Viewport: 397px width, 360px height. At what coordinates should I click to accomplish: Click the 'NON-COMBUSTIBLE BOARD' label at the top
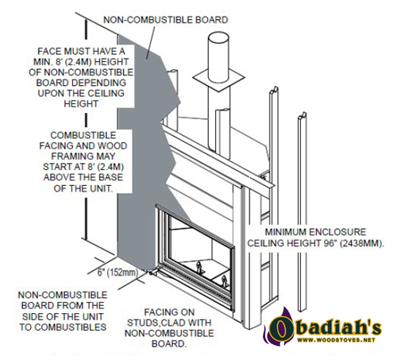pyautogui.click(x=166, y=20)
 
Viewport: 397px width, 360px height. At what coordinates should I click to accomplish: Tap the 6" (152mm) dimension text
pyautogui.click(x=118, y=272)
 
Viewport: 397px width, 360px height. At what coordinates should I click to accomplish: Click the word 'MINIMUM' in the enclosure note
pyautogui.click(x=286, y=232)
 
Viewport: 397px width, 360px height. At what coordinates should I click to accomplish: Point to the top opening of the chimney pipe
pyautogui.click(x=218, y=38)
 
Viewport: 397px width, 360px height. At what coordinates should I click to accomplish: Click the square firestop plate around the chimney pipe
pyautogui.click(x=218, y=78)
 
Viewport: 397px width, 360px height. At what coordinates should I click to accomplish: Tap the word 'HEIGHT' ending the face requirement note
pyautogui.click(x=81, y=103)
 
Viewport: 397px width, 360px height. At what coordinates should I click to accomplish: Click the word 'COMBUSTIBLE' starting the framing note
pyautogui.click(x=83, y=135)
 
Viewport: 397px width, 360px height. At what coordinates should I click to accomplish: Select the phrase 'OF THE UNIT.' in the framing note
pyautogui.click(x=83, y=188)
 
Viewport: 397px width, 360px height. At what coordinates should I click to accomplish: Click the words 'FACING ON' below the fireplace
pyautogui.click(x=169, y=312)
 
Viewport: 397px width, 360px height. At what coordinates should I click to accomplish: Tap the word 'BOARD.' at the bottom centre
pyautogui.click(x=169, y=343)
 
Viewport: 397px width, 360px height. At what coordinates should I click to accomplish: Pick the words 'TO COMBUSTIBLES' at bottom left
pyautogui.click(x=63, y=327)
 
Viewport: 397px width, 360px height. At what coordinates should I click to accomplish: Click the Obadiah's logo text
pyautogui.click(x=326, y=327)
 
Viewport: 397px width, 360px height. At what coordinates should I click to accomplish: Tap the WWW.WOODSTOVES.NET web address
pyautogui.click(x=336, y=340)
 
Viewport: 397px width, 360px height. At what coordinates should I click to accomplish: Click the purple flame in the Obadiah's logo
pyautogui.click(x=276, y=325)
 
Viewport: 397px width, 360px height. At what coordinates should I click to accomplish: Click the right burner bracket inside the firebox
pyautogui.click(x=224, y=281)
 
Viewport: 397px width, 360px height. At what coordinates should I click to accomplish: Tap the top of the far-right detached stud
pyautogui.click(x=303, y=115)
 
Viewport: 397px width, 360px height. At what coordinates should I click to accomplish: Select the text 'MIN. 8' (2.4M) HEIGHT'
pyautogui.click(x=81, y=61)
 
